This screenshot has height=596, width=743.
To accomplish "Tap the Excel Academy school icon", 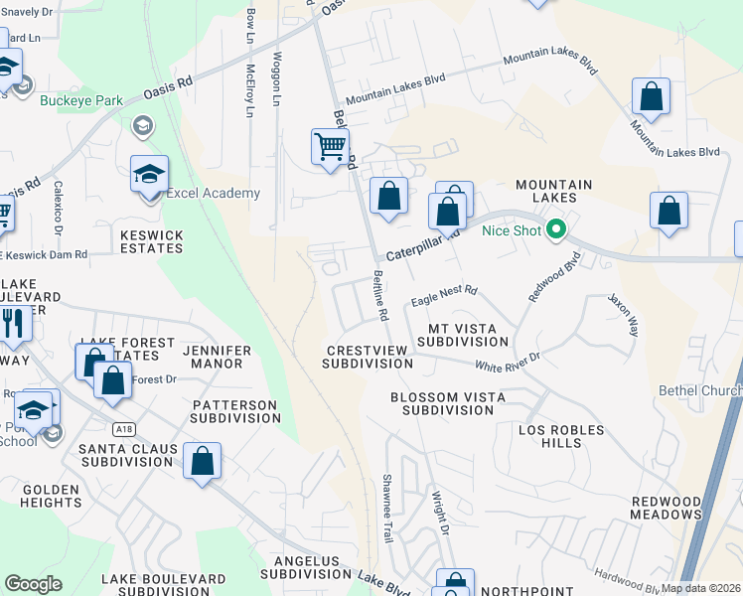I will click(149, 175).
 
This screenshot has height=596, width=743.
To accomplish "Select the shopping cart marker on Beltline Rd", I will click(330, 148).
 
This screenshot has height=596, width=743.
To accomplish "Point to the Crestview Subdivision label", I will click(368, 357).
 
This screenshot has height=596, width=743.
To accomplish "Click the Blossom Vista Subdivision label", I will click(448, 403).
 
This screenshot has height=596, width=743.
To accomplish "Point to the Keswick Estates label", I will click(151, 241).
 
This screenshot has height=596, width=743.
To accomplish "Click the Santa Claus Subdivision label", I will click(129, 455).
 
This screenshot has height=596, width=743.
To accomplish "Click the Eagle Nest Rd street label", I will click(444, 294).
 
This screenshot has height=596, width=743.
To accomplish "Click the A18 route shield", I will click(123, 429).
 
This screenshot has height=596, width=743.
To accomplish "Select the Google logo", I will click(34, 584).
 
